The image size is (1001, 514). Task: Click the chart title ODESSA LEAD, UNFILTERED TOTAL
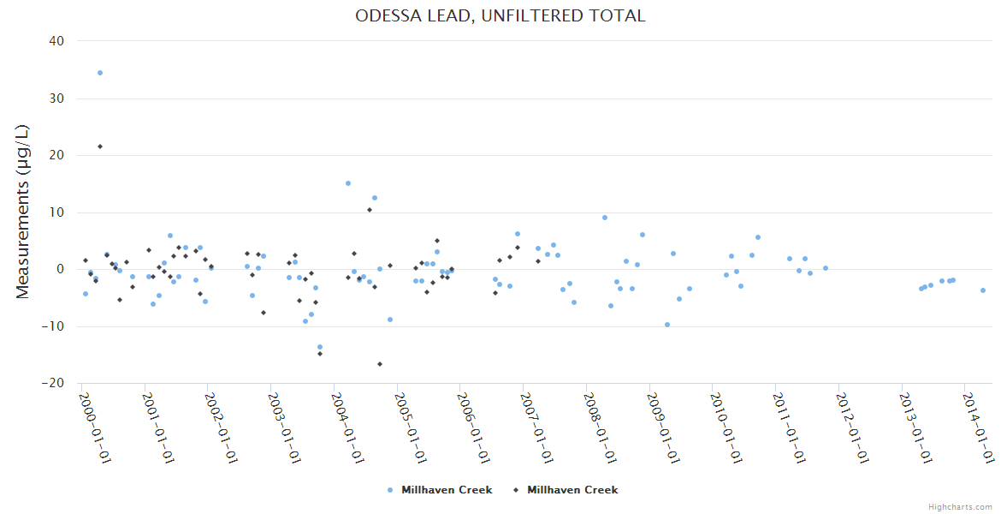pyautogui.click(x=500, y=16)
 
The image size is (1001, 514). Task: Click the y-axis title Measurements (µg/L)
pyautogui.click(x=23, y=212)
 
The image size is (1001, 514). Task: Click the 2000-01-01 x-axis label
pyautogui.click(x=97, y=427)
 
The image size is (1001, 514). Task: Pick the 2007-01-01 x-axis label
pyautogui.click(x=538, y=427)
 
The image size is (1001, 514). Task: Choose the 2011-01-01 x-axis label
pyautogui.click(x=791, y=427)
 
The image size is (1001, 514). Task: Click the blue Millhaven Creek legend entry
pyautogui.click(x=440, y=490)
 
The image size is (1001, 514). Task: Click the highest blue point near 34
pyautogui.click(x=100, y=73)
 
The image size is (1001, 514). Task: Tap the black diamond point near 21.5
pyautogui.click(x=100, y=146)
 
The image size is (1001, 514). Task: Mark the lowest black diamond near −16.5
pyautogui.click(x=380, y=364)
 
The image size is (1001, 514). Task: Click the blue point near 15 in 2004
pyautogui.click(x=348, y=183)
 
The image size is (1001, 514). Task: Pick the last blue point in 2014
pyautogui.click(x=983, y=290)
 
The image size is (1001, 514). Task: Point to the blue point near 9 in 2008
pyautogui.click(x=605, y=218)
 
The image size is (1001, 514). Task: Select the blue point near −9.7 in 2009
pyautogui.click(x=667, y=325)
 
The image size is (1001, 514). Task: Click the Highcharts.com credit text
pyautogui.click(x=961, y=507)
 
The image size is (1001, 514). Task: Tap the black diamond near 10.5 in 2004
pyautogui.click(x=370, y=210)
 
